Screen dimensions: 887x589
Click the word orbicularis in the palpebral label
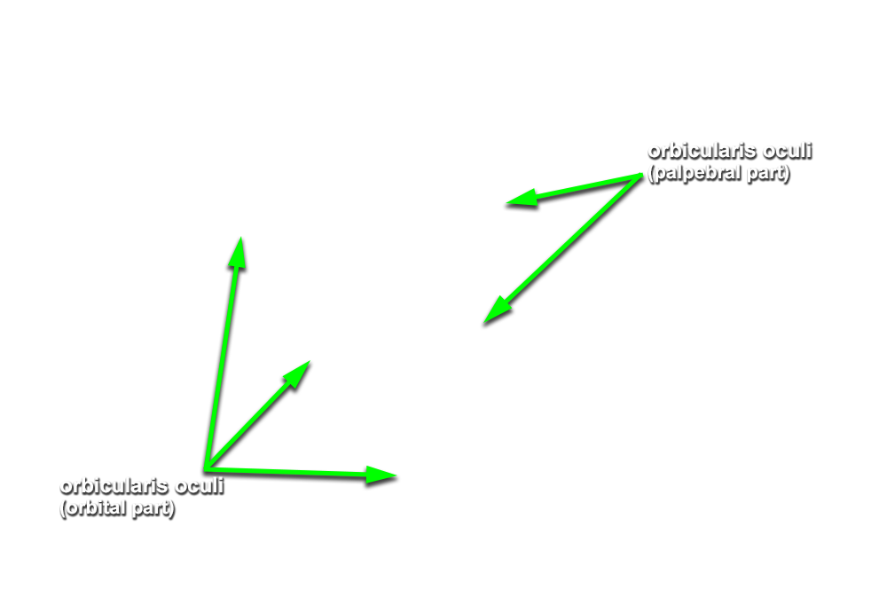702,152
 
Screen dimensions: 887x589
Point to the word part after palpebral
768,174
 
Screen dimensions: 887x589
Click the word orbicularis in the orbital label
114,487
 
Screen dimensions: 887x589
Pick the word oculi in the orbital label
200,487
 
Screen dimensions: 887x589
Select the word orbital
94,508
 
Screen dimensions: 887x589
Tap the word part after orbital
153,508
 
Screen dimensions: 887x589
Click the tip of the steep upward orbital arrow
241,238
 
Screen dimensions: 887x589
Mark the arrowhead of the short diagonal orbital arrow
310,361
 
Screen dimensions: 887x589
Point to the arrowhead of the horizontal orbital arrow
396,476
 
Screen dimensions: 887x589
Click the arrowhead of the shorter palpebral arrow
506,202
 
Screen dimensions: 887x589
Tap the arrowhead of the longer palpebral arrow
485,323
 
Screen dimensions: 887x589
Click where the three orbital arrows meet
207,468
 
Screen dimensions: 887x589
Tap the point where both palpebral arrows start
640,176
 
